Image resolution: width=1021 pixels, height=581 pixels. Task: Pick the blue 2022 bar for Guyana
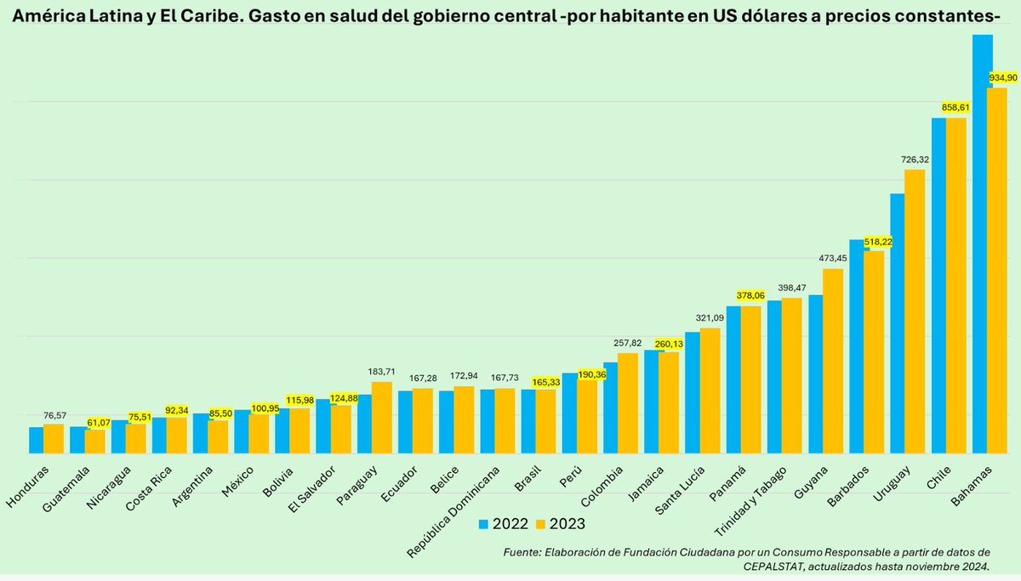point(815,374)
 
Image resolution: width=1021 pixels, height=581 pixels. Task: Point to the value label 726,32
point(915,159)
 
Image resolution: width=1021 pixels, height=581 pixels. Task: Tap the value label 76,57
point(54,414)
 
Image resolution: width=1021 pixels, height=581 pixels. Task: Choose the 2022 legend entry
point(503,523)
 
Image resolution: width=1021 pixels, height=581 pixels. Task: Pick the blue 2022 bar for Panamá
point(733,379)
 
